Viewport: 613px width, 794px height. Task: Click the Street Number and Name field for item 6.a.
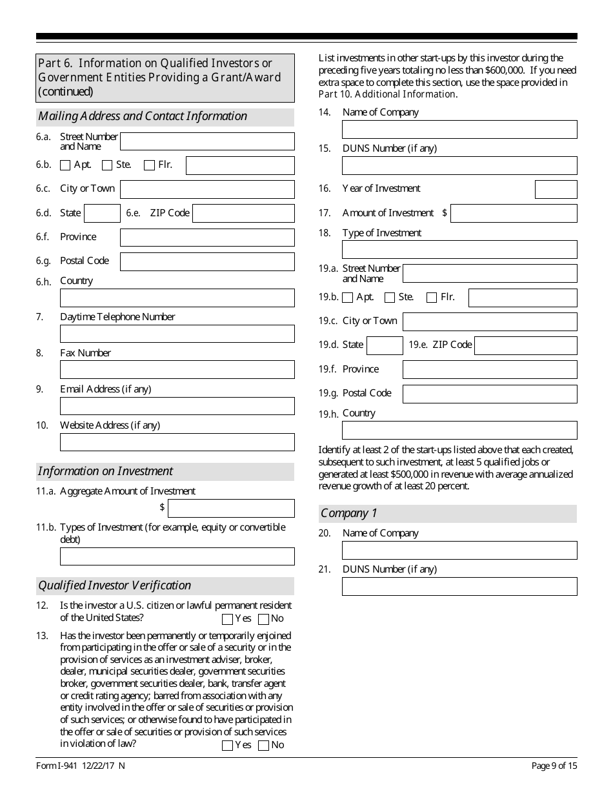click(x=207, y=141)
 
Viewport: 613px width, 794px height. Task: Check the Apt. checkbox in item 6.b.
click(x=65, y=165)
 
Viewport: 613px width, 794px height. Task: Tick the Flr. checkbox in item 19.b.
click(x=432, y=298)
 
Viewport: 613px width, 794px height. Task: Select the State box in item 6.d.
click(x=102, y=214)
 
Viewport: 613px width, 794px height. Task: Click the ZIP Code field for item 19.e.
click(x=525, y=345)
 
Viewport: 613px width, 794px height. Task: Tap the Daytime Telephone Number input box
click(x=177, y=334)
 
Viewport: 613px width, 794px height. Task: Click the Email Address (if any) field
click(x=177, y=406)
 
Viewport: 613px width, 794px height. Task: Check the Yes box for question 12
click(x=227, y=620)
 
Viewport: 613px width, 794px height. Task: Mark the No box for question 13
click(x=263, y=746)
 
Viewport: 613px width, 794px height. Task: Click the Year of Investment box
click(x=556, y=189)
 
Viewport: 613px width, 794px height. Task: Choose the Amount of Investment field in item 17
click(x=514, y=213)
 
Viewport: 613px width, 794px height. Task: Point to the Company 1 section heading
click(x=349, y=514)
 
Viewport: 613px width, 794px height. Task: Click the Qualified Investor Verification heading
click(x=115, y=585)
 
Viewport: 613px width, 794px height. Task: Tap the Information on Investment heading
click(x=105, y=471)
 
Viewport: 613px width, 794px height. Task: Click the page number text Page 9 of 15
click(x=554, y=766)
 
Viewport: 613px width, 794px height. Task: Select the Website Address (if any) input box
click(x=177, y=442)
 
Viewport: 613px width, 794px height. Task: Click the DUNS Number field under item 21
click(x=459, y=586)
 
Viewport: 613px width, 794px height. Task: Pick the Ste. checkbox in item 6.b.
click(x=107, y=165)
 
